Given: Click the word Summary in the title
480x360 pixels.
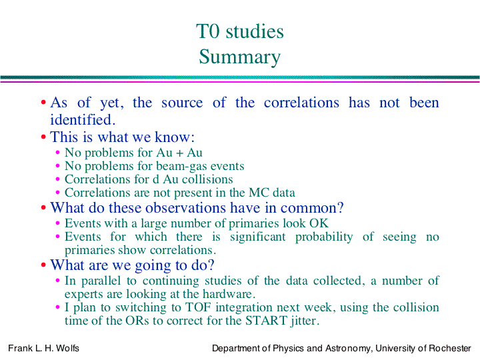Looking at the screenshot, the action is tap(240, 57).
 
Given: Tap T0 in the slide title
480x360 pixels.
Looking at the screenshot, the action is tap(208, 31).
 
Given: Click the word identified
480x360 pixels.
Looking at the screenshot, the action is tap(83, 119).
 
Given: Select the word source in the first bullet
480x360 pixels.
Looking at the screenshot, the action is tap(182, 103).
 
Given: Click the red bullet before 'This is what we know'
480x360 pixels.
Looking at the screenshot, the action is tap(43, 137).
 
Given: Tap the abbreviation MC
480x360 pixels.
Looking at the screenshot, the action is tap(259, 193).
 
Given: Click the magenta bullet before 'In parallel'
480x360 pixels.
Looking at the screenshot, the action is tap(57, 281).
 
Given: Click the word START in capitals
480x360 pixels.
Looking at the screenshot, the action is tap(266, 321).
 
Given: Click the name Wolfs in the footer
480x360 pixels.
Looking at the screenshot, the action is tap(67, 349).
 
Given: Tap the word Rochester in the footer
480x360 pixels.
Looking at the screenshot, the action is tap(450, 349).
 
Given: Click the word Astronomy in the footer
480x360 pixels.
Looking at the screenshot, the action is tap(349, 349).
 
